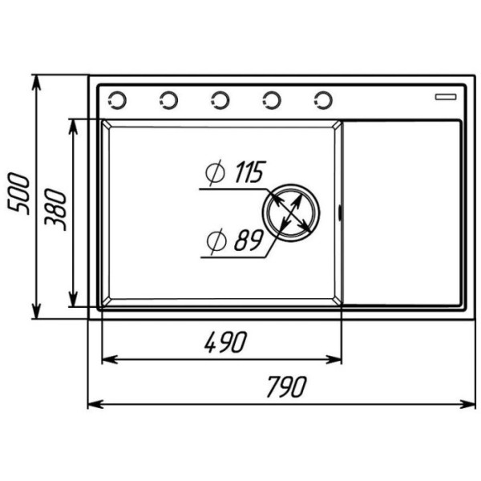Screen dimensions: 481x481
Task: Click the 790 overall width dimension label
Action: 286,386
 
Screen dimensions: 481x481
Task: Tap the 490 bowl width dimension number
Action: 226,342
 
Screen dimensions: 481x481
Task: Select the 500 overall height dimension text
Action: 18,194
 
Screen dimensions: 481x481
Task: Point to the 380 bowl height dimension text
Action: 55,210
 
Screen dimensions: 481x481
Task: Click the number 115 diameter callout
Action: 249,172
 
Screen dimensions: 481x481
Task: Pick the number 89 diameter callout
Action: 249,240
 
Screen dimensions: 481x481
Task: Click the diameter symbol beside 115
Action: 215,172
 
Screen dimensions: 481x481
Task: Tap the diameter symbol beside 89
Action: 216,241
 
